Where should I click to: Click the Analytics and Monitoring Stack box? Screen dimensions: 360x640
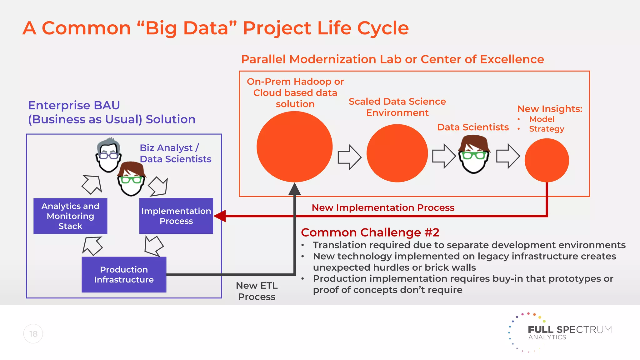click(70, 216)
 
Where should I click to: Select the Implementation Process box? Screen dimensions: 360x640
click(176, 216)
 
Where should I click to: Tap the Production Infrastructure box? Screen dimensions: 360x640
click(124, 274)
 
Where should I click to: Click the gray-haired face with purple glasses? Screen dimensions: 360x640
click(108, 155)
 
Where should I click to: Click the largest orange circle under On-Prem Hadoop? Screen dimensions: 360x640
click(294, 147)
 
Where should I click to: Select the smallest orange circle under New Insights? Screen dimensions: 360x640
click(547, 160)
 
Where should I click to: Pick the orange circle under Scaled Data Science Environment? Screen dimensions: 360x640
click(397, 153)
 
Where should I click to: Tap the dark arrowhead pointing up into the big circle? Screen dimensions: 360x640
click(294, 189)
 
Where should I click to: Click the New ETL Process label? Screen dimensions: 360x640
click(257, 291)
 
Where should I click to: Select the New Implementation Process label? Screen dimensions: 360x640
click(383, 207)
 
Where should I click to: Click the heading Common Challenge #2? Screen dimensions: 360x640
click(370, 232)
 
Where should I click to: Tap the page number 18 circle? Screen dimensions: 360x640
click(33, 334)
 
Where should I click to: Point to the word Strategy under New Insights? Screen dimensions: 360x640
click(546, 129)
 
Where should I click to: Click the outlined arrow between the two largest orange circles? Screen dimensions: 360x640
click(349, 157)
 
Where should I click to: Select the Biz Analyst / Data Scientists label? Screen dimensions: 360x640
click(175, 153)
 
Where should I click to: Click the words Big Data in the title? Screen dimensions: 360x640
click(187, 28)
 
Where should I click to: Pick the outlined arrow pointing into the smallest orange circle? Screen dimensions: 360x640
click(508, 156)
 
